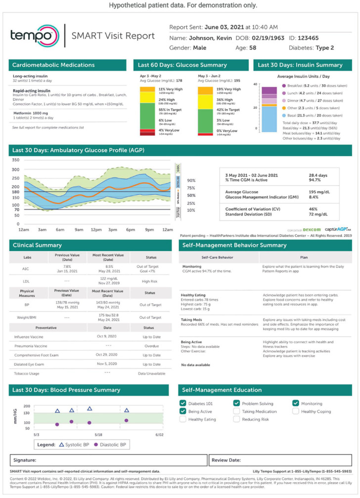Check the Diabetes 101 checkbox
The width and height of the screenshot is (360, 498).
pos(183,403)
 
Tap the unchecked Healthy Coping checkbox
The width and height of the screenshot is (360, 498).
pos(296,411)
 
